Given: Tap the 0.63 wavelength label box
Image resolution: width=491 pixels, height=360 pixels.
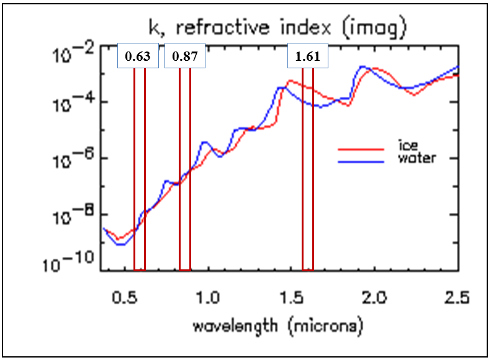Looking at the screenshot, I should [138, 56].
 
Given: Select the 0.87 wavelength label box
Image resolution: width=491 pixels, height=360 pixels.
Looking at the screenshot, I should [184, 56].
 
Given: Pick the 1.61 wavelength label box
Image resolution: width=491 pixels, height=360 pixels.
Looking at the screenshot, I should [307, 56].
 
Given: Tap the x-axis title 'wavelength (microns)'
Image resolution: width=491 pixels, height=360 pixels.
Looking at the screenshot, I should [277, 325].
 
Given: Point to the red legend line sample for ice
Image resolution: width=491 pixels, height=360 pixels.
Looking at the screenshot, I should [361, 149].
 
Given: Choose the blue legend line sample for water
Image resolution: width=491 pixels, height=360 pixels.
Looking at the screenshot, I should [361, 160].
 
